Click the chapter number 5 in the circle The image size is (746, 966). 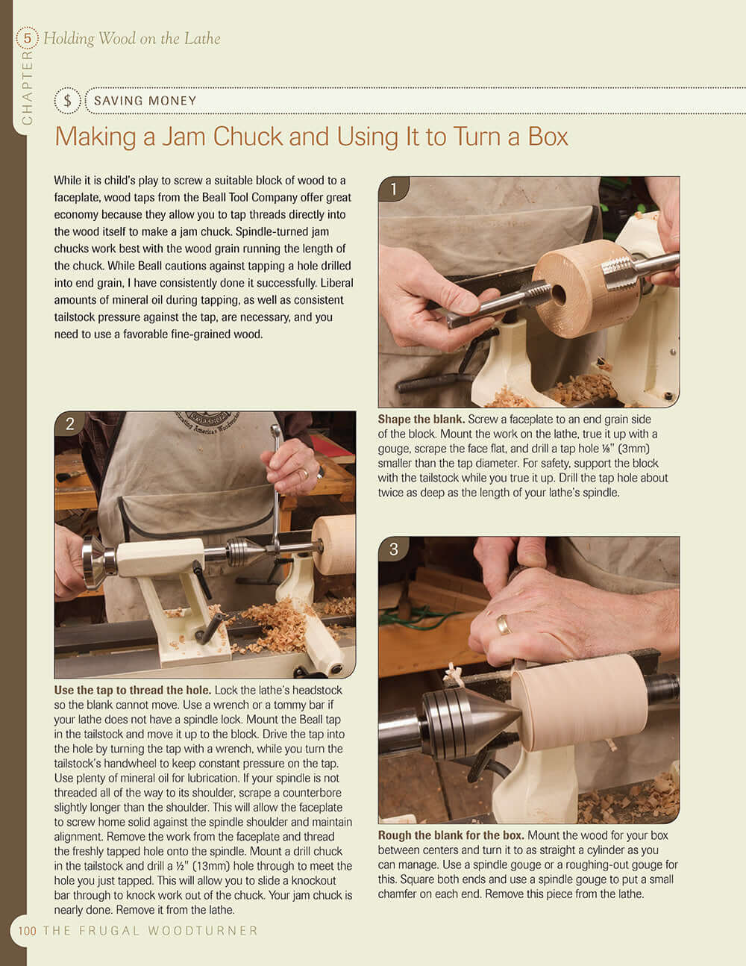tap(28, 37)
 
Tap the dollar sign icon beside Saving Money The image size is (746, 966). tap(68, 101)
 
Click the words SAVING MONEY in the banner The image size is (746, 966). tap(145, 101)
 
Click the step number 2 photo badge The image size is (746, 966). tap(69, 424)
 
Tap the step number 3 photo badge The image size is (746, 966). tap(393, 550)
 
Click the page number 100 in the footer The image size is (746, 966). tap(28, 931)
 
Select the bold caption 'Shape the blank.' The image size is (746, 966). tap(421, 420)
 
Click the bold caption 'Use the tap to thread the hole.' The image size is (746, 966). tap(133, 691)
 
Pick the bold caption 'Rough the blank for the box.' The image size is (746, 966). tap(451, 835)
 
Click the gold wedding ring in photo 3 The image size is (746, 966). tap(504, 624)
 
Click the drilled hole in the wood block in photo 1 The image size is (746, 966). tap(557, 295)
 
